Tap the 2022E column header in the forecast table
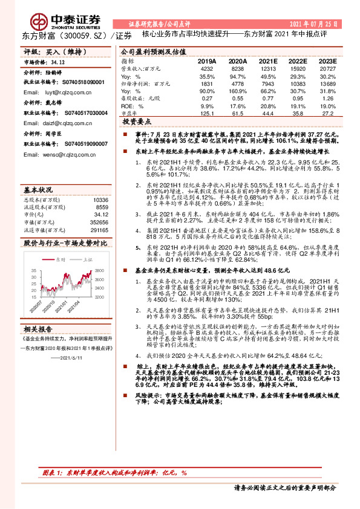(299, 62)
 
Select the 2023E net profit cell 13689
(327, 84)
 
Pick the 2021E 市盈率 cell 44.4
(269, 112)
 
